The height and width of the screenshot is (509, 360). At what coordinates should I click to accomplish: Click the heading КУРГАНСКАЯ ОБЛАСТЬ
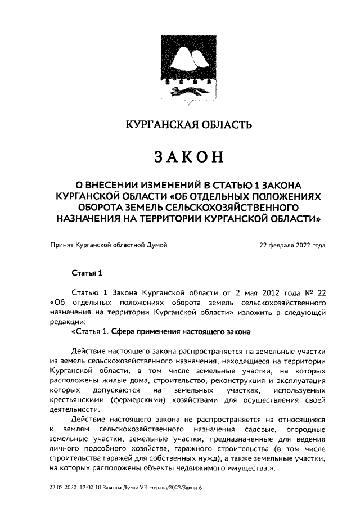[x=179, y=124]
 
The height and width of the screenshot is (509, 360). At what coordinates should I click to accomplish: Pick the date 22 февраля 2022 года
[x=292, y=246]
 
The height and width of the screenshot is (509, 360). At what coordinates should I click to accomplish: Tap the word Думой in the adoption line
[x=156, y=246]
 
